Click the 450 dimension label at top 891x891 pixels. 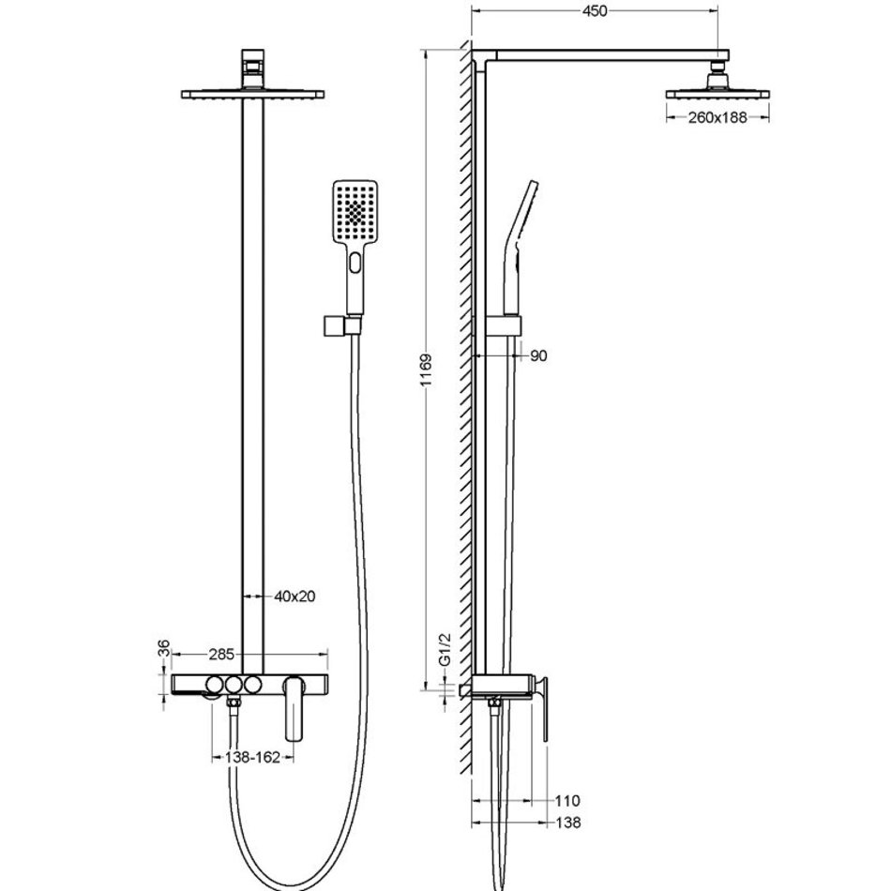click(595, 11)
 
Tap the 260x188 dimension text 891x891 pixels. click(717, 117)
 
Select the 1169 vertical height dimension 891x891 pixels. click(426, 370)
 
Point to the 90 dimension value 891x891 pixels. click(538, 355)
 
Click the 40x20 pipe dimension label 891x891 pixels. click(294, 597)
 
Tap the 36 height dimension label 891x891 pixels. click(163, 648)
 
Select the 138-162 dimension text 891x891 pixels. click(252, 757)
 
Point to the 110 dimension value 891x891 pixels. click(567, 801)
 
